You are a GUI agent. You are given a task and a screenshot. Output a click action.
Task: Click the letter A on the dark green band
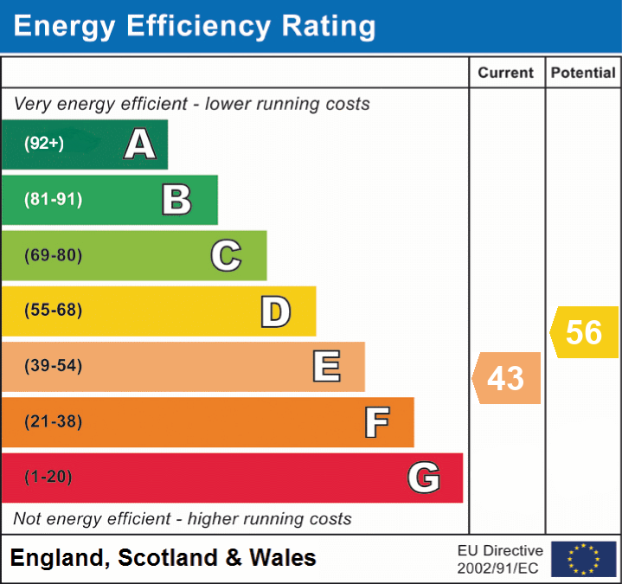pyautogui.click(x=140, y=144)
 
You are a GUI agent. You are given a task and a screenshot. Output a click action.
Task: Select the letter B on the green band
pyautogui.click(x=176, y=200)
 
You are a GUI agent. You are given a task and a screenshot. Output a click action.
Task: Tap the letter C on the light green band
pyautogui.click(x=226, y=255)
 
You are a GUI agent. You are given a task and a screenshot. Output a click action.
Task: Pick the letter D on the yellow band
pyautogui.click(x=275, y=311)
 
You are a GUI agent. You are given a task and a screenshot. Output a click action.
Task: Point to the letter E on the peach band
pyautogui.click(x=326, y=367)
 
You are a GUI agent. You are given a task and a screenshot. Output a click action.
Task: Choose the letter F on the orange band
pyautogui.click(x=376, y=422)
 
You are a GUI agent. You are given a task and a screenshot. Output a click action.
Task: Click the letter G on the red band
pyautogui.click(x=424, y=478)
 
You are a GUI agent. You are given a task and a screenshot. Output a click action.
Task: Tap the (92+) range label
pyautogui.click(x=44, y=144)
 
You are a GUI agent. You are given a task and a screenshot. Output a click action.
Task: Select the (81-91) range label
pyautogui.click(x=54, y=200)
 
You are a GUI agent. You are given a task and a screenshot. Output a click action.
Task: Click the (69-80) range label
pyautogui.click(x=54, y=255)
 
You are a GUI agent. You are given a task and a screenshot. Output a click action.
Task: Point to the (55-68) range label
pyautogui.click(x=54, y=311)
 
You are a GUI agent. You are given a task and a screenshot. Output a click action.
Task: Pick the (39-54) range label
pyautogui.click(x=54, y=366)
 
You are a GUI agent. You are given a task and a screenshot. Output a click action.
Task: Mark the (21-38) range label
pyautogui.click(x=54, y=421)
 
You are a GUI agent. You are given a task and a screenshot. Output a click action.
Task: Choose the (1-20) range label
pyautogui.click(x=48, y=477)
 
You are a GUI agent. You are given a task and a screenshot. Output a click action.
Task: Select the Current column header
pyautogui.click(x=506, y=74)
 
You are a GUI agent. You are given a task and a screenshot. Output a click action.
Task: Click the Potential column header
pyautogui.click(x=583, y=74)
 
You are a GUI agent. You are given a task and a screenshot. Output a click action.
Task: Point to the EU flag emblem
pyautogui.click(x=583, y=559)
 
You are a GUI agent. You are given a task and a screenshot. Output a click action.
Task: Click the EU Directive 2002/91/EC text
pyautogui.click(x=500, y=559)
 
